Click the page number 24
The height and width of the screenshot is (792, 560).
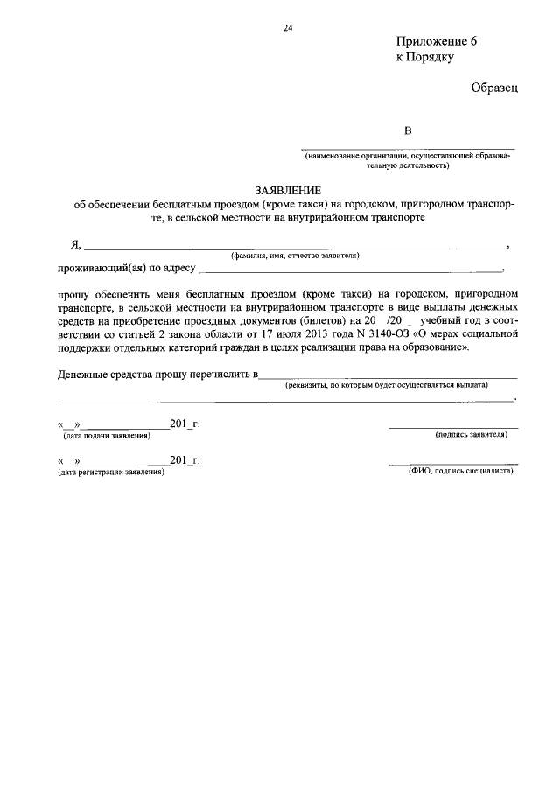pyautogui.click(x=287, y=28)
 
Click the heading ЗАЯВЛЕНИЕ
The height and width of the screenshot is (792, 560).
pyautogui.click(x=288, y=190)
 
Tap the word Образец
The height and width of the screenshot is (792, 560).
pyautogui.click(x=494, y=88)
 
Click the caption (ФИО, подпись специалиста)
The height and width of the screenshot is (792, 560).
pyautogui.click(x=461, y=471)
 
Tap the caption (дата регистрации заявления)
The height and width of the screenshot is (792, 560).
pyautogui.click(x=111, y=472)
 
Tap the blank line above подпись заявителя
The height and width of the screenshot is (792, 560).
pyautogui.click(x=453, y=427)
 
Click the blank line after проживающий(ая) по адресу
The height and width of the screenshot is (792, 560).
pyautogui.click(x=350, y=270)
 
